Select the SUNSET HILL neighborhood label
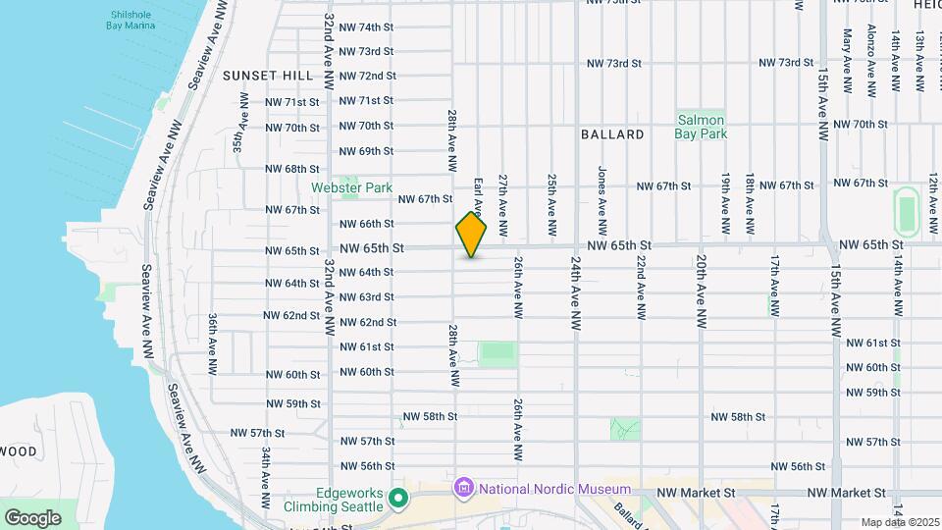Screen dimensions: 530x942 click(x=268, y=76)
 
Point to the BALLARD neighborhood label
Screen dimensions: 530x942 click(x=612, y=134)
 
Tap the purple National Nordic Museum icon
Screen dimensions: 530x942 click(x=462, y=488)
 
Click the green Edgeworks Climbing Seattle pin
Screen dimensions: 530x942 click(x=397, y=499)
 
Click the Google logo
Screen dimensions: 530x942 click(x=32, y=517)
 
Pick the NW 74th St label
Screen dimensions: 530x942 click(x=367, y=26)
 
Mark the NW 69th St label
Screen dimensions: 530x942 click(x=367, y=151)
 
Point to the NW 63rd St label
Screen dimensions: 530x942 click(x=367, y=296)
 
